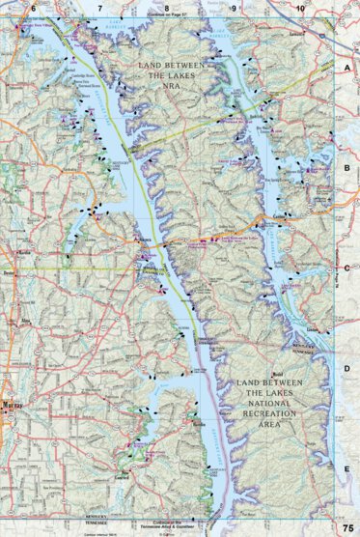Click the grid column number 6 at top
(x=33, y=8)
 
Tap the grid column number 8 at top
(x=166, y=8)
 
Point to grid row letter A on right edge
(x=346, y=70)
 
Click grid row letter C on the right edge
(x=346, y=268)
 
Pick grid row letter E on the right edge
(x=346, y=466)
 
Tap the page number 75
(x=346, y=528)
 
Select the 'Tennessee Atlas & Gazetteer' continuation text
(x=173, y=526)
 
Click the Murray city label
(x=12, y=404)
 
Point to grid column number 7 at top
(x=99, y=8)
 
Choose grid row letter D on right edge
(x=346, y=368)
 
